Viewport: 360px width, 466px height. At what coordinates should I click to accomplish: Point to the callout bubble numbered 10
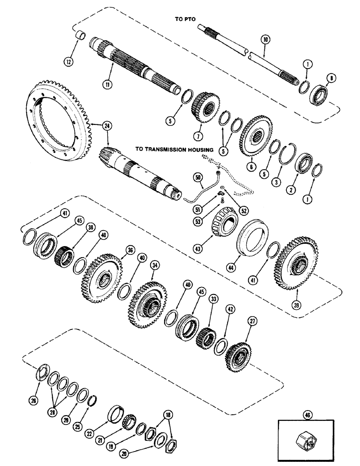click(x=265, y=41)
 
